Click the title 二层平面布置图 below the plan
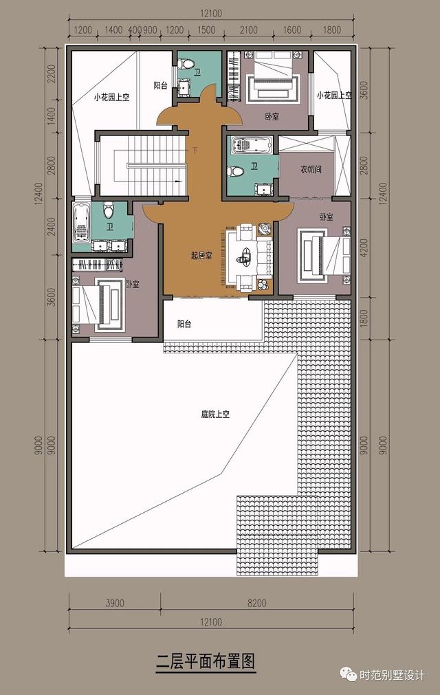(x=206, y=663)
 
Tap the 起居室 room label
(x=201, y=255)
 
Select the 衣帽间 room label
(x=311, y=169)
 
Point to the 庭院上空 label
(x=215, y=414)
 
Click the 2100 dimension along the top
(x=249, y=30)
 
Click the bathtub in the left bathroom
(x=82, y=221)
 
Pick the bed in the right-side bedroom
(x=322, y=254)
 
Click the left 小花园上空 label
(x=112, y=97)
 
